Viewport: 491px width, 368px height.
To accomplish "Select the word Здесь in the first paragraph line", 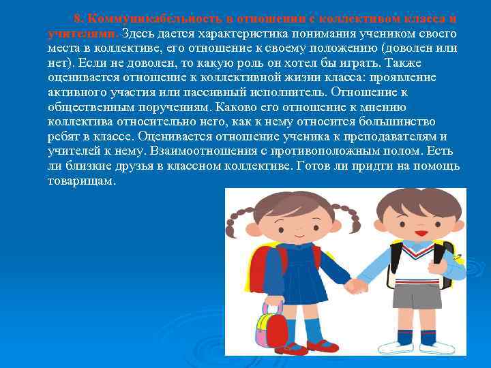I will coord(139,33).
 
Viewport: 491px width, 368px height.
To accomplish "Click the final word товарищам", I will coord(81,181).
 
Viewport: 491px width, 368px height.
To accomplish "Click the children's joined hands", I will coord(355,285).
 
